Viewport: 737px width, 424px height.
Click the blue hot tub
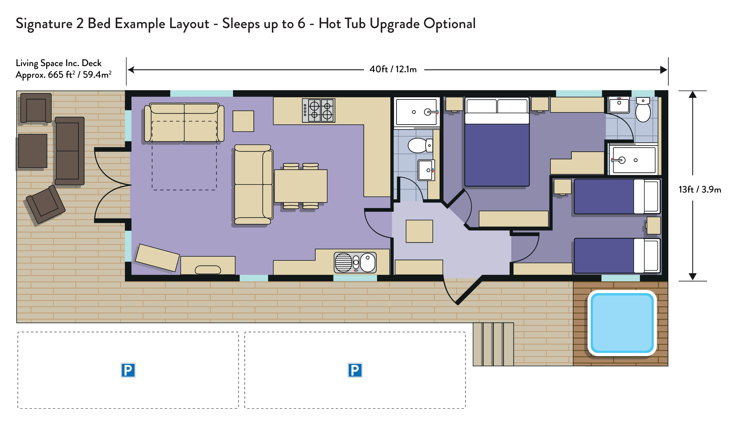coord(622,323)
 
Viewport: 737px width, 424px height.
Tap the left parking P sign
coord(128,370)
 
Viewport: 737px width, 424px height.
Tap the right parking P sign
coord(355,370)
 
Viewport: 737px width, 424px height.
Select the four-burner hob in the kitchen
coord(319,110)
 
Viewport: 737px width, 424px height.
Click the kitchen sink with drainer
coord(355,262)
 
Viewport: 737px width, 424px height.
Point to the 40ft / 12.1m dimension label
coord(393,69)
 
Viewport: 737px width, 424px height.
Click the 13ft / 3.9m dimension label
coord(700,189)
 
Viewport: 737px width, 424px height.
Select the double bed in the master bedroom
coord(497,142)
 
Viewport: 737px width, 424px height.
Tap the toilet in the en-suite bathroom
coord(643,110)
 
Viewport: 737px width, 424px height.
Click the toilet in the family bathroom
coord(420,145)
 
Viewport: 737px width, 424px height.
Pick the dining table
coord(301,186)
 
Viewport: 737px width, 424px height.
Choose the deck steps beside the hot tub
coord(493,344)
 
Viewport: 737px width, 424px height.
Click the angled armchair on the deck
coord(46,205)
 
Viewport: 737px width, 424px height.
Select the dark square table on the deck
coord(33,151)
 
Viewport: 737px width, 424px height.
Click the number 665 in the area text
coord(56,75)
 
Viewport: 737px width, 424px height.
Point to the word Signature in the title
coord(44,24)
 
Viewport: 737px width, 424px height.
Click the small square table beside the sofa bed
coord(243,121)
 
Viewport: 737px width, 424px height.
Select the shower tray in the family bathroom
coord(416,112)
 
